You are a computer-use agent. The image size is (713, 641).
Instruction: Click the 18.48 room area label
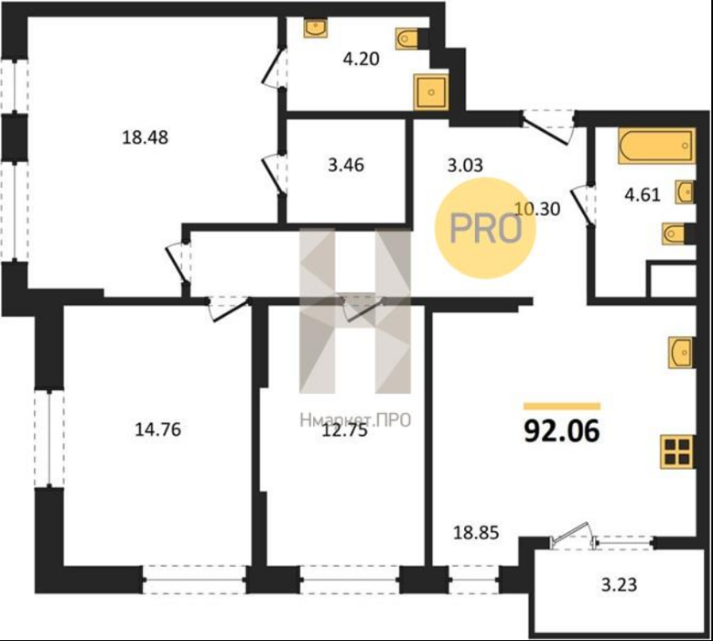pyautogui.click(x=145, y=137)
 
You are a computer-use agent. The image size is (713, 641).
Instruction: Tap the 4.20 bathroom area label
pyautogui.click(x=361, y=60)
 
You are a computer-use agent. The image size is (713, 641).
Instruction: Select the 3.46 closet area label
pyautogui.click(x=346, y=165)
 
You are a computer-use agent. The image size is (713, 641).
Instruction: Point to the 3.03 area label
pyautogui.click(x=465, y=165)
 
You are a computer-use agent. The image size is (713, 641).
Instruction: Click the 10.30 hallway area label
pyautogui.click(x=537, y=209)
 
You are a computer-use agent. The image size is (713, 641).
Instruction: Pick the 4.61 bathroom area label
pyautogui.click(x=643, y=195)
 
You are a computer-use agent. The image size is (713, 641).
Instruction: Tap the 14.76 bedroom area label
pyautogui.click(x=157, y=429)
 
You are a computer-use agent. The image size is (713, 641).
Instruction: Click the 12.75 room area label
pyautogui.click(x=344, y=429)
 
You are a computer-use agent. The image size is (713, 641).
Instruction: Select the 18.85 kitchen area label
pyautogui.click(x=476, y=532)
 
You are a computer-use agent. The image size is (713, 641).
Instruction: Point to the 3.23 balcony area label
pyautogui.click(x=620, y=584)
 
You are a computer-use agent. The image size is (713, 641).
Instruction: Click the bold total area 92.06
pyautogui.click(x=562, y=430)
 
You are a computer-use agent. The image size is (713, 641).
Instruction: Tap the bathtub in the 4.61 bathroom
pyautogui.click(x=655, y=145)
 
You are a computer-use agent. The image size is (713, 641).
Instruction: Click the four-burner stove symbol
pyautogui.click(x=677, y=451)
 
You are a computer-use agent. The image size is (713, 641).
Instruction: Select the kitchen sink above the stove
pyautogui.click(x=681, y=353)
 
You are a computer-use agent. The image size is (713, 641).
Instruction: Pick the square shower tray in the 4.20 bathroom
pyautogui.click(x=430, y=92)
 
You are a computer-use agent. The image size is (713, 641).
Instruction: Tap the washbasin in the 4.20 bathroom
pyautogui.click(x=315, y=27)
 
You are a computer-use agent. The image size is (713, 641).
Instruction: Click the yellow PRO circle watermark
pyautogui.click(x=485, y=228)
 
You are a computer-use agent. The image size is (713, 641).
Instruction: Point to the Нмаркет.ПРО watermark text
pyautogui.click(x=355, y=420)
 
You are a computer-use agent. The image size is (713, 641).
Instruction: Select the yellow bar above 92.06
pyautogui.click(x=562, y=407)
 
